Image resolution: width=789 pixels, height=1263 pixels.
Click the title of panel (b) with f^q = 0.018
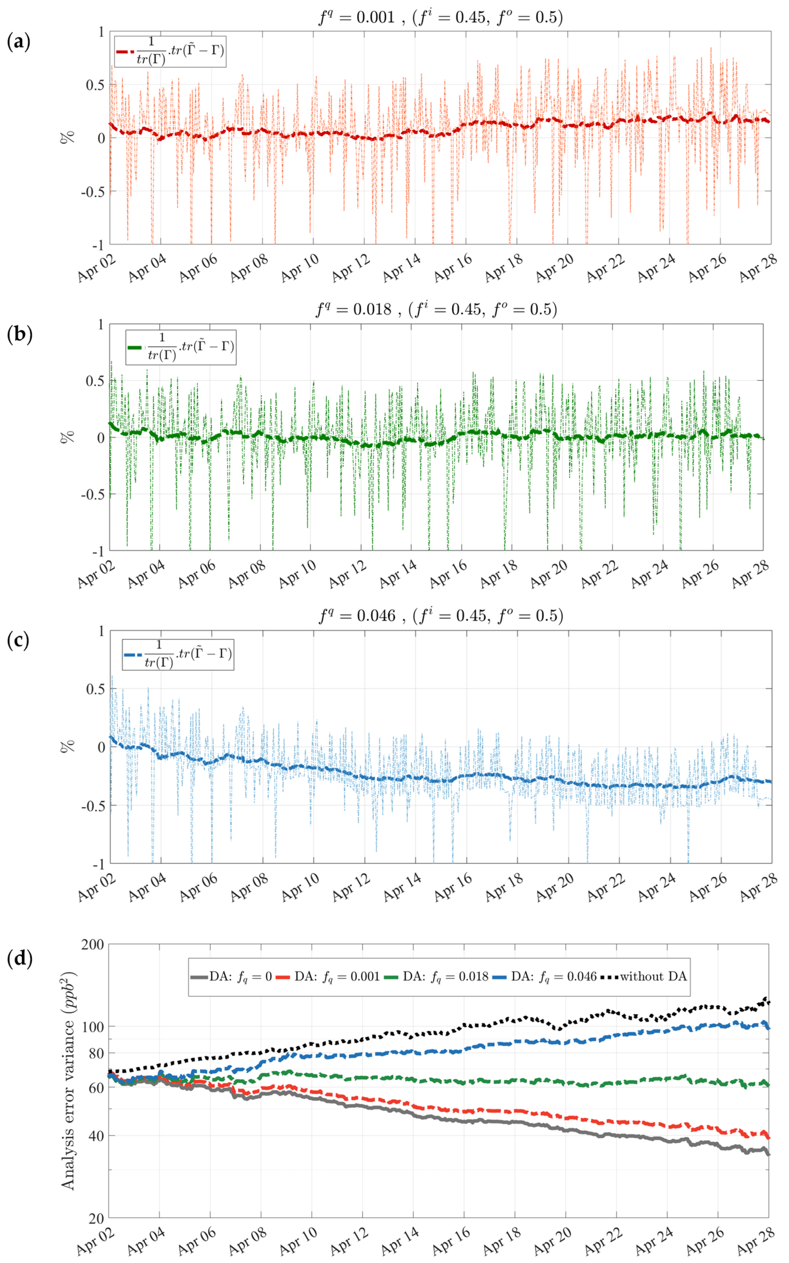click(436, 309)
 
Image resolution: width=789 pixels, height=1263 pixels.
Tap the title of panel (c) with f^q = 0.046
click(441, 616)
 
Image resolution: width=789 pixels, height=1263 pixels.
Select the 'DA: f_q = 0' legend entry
click(231, 977)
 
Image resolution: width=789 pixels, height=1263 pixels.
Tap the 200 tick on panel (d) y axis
click(93, 944)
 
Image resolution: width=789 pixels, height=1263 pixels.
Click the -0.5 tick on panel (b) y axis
click(92, 494)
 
